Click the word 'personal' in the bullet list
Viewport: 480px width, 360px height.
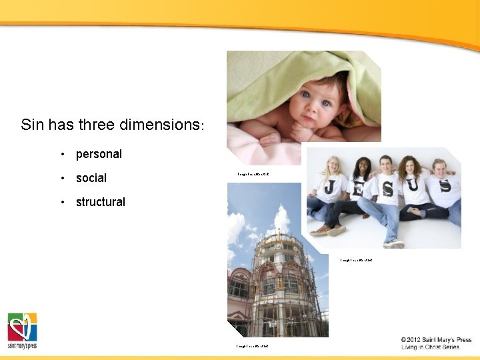coord(99,154)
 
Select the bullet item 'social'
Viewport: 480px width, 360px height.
coord(91,178)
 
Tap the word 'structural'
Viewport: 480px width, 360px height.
coord(100,202)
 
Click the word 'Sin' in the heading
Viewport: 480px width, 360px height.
coord(32,125)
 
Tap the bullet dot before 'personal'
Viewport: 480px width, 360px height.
coord(61,155)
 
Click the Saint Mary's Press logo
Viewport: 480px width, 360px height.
coord(22,330)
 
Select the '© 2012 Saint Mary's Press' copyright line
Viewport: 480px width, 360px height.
coord(436,340)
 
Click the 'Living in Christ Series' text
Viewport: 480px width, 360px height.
coord(430,347)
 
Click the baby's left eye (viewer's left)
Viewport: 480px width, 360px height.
coord(306,95)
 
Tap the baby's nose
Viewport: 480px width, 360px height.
coord(319,105)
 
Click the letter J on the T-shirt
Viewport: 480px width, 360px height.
coord(329,187)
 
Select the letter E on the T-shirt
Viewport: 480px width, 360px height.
coord(359,189)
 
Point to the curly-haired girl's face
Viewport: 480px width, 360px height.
coord(411,168)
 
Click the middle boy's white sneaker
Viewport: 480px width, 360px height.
coord(394,244)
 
